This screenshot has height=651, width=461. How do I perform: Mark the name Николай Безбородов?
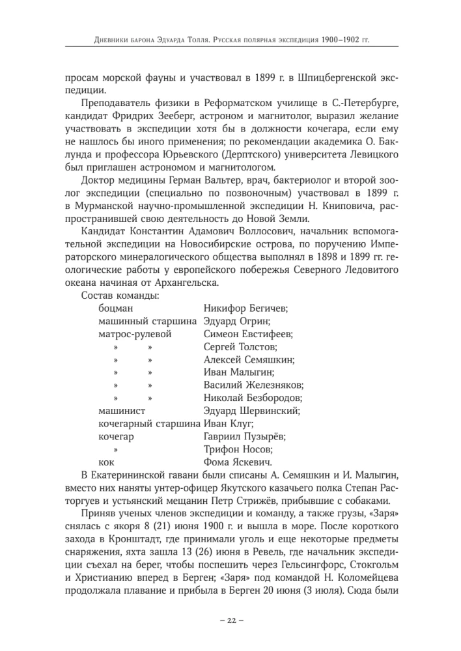pyautogui.click(x=253, y=398)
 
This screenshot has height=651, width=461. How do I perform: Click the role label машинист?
pyautogui.click(x=122, y=411)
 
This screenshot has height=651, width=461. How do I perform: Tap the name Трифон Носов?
pyautogui.click(x=238, y=449)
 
